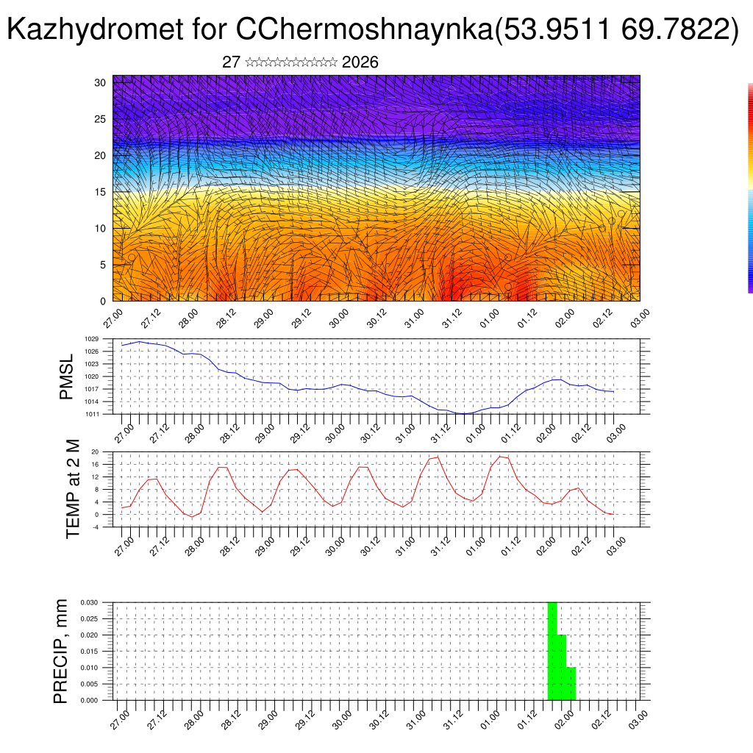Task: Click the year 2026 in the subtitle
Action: [x=360, y=63]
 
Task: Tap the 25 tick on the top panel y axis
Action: [x=101, y=119]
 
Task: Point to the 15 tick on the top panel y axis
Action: [x=101, y=192]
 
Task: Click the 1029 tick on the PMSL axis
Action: [x=91, y=339]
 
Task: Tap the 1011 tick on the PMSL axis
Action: [x=91, y=414]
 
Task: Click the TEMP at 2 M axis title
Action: [x=73, y=489]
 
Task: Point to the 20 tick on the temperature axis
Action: [x=95, y=452]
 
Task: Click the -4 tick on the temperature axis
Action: [x=95, y=527]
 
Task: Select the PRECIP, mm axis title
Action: [x=61, y=651]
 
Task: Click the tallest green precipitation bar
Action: [x=552, y=651]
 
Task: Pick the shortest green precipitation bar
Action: [x=571, y=684]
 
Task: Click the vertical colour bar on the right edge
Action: [x=750, y=188]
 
